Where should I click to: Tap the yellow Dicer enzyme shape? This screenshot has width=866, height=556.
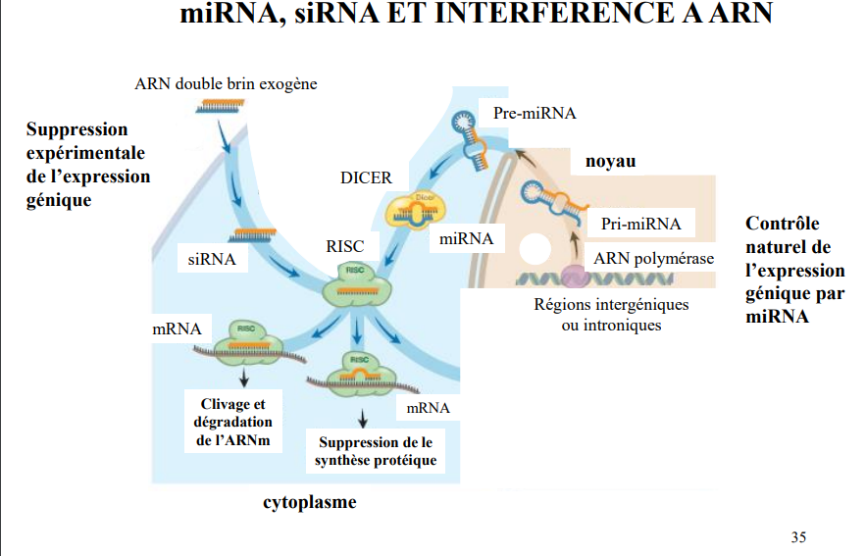point(415,206)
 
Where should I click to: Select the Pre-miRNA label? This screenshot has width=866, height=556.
point(535,114)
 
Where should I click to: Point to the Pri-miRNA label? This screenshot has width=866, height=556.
point(640,224)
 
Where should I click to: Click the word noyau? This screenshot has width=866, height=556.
point(611,161)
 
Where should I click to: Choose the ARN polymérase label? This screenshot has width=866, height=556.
point(653,259)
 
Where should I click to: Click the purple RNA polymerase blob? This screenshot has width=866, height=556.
point(573,278)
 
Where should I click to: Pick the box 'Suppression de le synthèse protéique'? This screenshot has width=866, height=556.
point(377,451)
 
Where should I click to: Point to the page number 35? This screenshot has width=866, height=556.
point(798,536)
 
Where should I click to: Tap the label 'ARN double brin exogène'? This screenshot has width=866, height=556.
point(226,83)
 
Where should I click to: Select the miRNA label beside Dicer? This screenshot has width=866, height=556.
point(466,238)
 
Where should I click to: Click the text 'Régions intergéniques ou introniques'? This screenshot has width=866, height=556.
point(611,314)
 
